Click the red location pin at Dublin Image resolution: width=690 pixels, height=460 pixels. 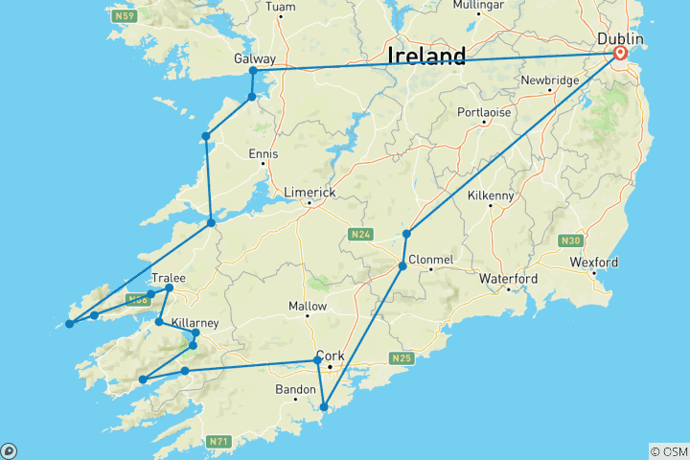620,54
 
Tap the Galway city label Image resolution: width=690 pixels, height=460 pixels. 254,58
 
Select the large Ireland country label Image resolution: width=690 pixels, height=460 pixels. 426,56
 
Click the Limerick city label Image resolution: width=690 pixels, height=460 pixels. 310,193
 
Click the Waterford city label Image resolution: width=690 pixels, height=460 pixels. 509,279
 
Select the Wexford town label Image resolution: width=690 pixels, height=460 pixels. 594,263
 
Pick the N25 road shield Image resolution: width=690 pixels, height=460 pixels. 401,358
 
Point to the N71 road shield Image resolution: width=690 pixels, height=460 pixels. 218,442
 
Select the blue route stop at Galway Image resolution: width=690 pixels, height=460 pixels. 253,71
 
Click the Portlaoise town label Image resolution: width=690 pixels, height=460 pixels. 484,112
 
